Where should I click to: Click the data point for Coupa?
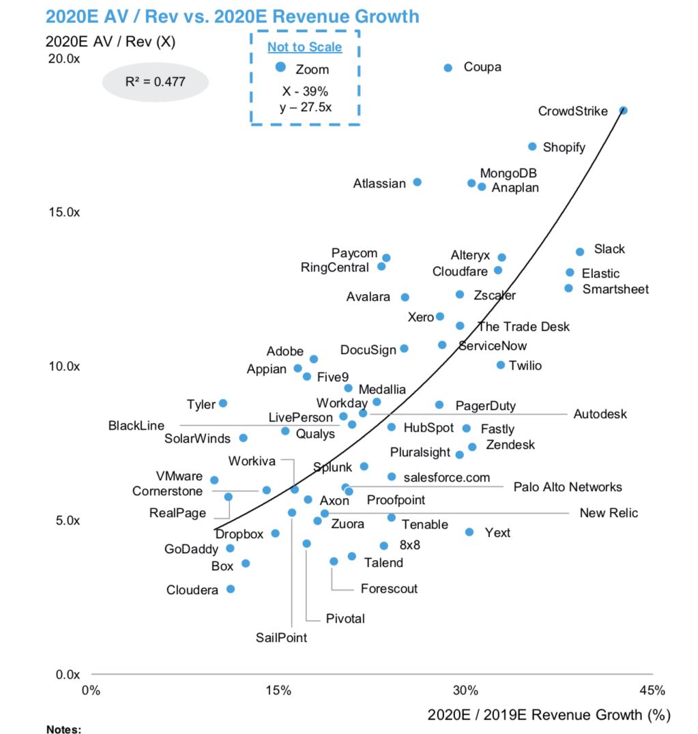point(448,68)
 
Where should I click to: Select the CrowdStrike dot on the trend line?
point(623,111)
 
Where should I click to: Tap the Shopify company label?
point(564,147)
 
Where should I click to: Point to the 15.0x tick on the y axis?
point(64,212)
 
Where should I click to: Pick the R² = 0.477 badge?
point(155,82)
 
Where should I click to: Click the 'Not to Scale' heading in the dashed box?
point(304,47)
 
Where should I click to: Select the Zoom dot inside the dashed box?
point(280,67)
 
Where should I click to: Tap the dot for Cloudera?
point(231,589)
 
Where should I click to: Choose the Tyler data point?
point(222,403)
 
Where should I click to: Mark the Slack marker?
point(580,252)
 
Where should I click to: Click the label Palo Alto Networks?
point(568,487)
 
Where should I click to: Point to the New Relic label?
point(609,513)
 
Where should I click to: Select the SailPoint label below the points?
point(281,638)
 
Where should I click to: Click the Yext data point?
point(469,532)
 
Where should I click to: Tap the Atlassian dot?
point(418,182)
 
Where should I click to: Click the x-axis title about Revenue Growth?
point(549,714)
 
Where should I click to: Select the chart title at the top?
point(232,16)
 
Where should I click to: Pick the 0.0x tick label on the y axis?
point(67,675)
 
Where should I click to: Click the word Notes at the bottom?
point(63,729)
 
